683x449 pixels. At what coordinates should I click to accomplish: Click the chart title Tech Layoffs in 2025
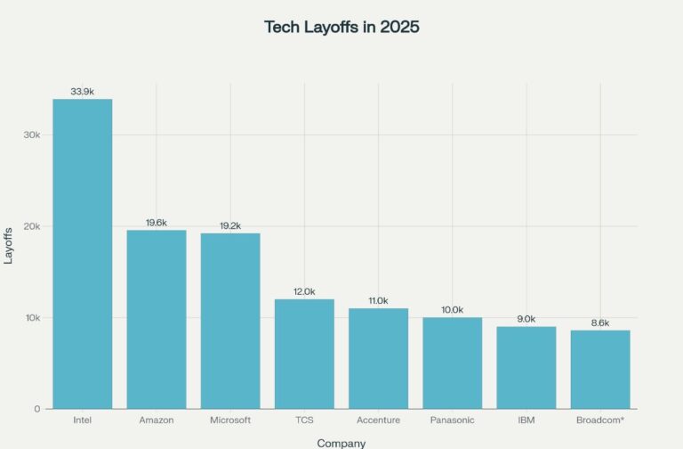pos(341,27)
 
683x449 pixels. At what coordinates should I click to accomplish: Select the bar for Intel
pos(83,254)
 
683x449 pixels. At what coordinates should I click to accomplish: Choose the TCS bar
pos(304,354)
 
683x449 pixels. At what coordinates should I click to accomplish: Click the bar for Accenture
pos(378,358)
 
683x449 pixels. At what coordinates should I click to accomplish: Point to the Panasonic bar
pos(452,363)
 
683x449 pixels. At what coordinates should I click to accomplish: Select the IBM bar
pos(526,367)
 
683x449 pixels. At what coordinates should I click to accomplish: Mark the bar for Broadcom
pos(600,369)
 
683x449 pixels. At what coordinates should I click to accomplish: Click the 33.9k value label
pos(83,92)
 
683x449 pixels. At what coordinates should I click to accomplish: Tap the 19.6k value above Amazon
pos(157,223)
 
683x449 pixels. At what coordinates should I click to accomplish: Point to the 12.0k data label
pos(304,291)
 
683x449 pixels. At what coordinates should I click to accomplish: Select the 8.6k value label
pos(600,322)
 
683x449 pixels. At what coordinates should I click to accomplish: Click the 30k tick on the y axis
pos(32,135)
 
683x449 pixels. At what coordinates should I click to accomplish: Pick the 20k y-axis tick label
pos(32,226)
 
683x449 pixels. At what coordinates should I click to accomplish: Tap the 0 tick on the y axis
pos(37,409)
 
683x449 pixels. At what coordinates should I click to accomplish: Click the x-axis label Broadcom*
pos(600,420)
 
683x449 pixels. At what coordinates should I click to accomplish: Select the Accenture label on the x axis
pos(378,420)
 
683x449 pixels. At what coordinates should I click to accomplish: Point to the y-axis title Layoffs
pos(9,244)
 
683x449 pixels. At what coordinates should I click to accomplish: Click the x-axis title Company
pos(341,442)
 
